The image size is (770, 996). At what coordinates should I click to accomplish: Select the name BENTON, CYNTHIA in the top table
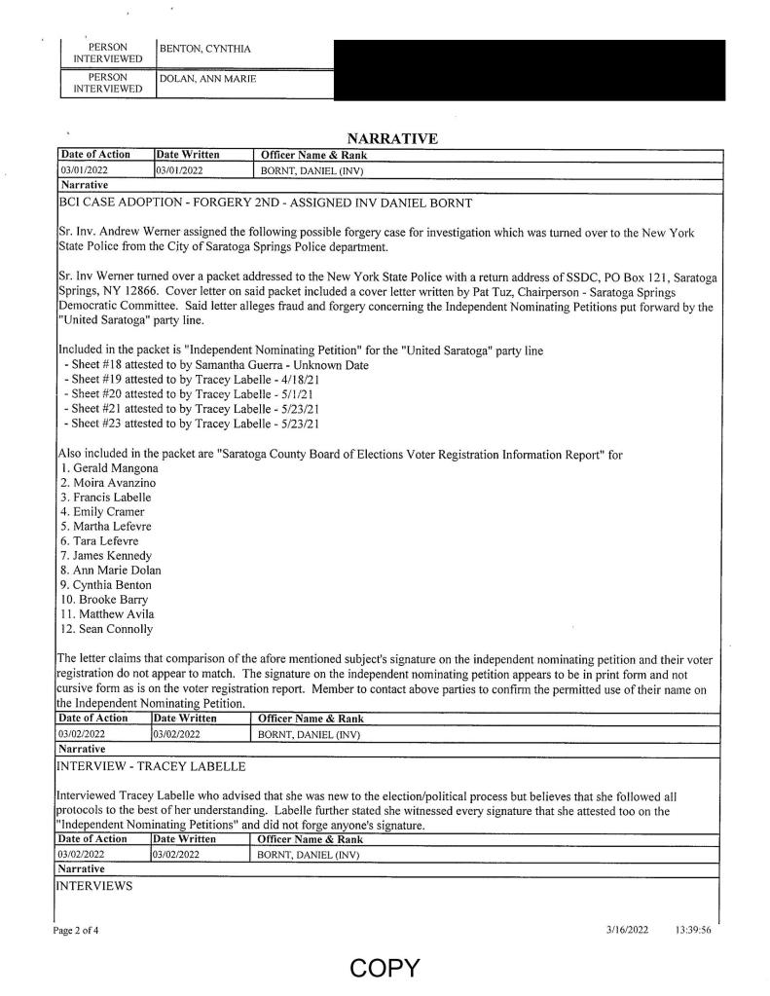point(201,48)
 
